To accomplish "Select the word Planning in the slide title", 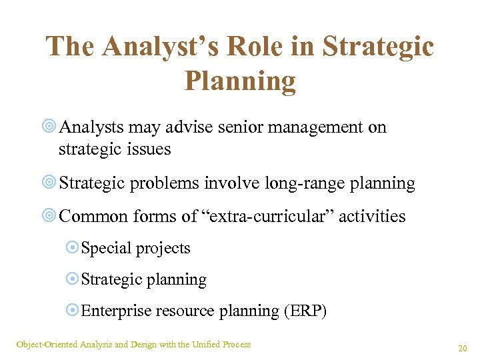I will pos(240,81).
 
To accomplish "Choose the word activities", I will pos(373,216).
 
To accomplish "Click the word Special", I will pos(107,249).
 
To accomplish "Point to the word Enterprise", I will pos(117,311).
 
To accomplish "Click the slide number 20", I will pos(462,348).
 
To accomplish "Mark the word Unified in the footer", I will pos(206,344).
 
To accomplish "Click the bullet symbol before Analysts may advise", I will pos(50,127).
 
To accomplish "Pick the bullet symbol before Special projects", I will pos(73,249).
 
